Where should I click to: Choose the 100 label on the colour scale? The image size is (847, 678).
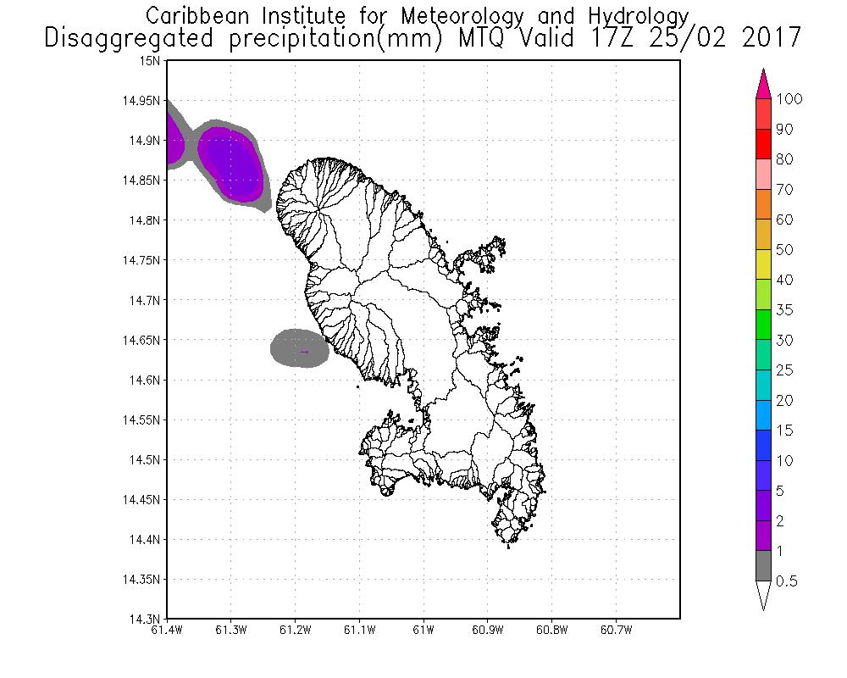click(x=789, y=99)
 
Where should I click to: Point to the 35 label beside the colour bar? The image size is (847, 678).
click(x=785, y=310)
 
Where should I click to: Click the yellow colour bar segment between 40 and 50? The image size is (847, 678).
click(x=763, y=265)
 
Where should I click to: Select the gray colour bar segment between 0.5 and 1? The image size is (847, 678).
click(x=763, y=566)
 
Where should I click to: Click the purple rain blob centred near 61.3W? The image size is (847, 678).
click(x=233, y=163)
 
